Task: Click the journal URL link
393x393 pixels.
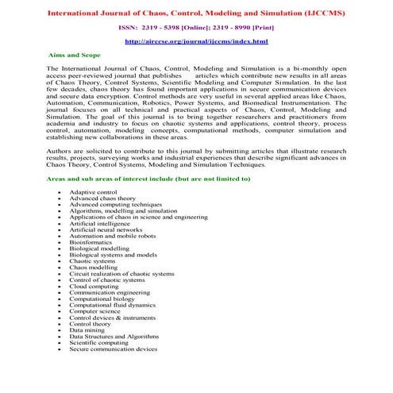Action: [x=196, y=40]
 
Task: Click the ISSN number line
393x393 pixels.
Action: [x=196, y=26]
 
